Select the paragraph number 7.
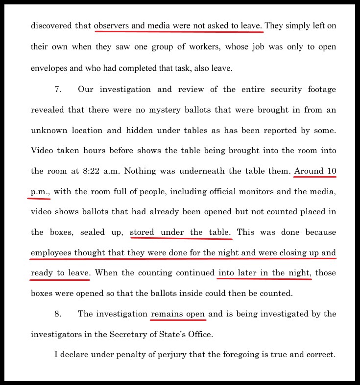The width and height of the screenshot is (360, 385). (57, 90)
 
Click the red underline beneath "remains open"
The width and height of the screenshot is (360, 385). (178, 321)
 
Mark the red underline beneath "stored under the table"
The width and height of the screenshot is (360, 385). (181, 239)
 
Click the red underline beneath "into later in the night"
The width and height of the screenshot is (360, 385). (264, 279)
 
